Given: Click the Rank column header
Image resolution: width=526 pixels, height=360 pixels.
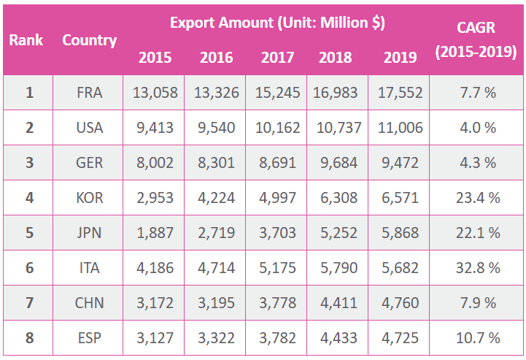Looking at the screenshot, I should point(26,39).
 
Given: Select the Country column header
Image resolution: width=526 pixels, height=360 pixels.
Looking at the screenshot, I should point(89,40).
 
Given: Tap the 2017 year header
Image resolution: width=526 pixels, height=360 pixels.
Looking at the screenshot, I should point(276,57).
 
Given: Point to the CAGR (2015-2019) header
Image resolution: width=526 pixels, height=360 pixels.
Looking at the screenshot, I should point(476,40).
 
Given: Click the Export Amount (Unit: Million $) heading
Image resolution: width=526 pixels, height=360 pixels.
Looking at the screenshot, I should point(277,22).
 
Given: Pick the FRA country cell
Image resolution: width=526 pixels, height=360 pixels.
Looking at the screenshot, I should point(89,93).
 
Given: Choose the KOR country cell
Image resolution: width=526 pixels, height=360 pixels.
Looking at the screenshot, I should point(89,198).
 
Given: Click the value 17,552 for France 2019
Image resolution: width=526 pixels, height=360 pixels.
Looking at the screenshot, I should point(398,93).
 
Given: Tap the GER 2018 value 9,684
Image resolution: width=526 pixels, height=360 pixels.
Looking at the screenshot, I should point(337,163).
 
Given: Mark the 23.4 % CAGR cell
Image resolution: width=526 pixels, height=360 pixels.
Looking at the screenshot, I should point(476,198).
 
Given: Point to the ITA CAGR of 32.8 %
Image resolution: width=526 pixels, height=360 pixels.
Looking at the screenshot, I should point(476,268).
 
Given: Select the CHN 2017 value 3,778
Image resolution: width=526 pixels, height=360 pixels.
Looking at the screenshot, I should point(276,303).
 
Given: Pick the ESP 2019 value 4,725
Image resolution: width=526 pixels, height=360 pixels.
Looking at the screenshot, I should point(398,338).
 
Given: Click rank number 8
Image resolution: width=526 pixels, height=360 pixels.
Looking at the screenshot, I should point(29,338).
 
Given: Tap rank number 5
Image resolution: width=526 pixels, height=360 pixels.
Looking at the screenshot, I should point(29,233).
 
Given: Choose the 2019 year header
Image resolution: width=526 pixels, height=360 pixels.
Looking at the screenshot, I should point(398,57).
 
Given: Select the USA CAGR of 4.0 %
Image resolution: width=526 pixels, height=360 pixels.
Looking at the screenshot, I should point(476,128).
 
